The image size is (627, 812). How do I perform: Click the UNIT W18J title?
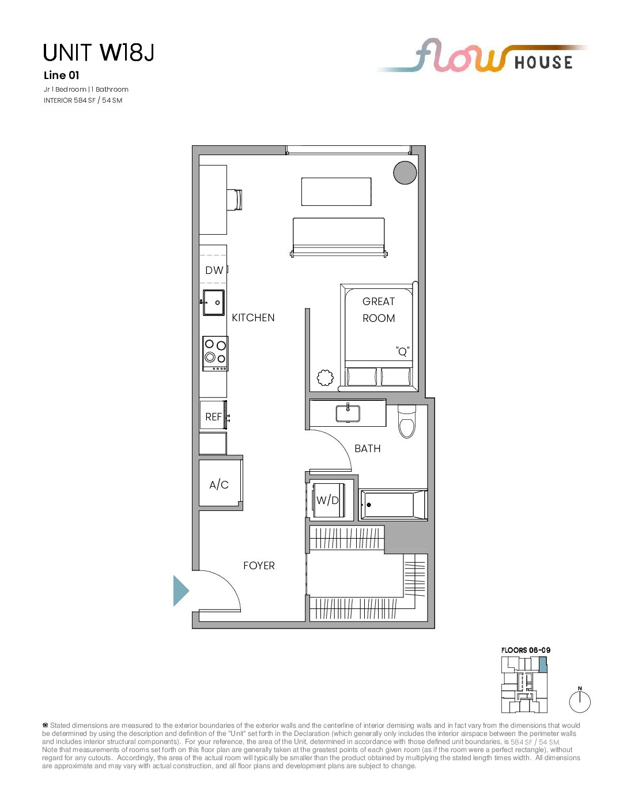click(99, 52)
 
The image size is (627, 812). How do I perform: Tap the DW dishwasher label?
click(214, 270)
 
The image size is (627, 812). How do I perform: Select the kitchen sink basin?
click(214, 302)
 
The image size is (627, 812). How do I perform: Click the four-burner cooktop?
click(215, 354)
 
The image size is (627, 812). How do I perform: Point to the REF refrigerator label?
click(213, 416)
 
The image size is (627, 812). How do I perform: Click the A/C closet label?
click(219, 484)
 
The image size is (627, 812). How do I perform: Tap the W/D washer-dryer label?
click(327, 501)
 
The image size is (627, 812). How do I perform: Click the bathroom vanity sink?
click(348, 413)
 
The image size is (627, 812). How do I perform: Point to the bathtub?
click(393, 505)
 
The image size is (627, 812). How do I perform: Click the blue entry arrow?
click(181, 591)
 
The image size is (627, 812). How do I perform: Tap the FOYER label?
click(259, 566)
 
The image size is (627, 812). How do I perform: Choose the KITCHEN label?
click(253, 318)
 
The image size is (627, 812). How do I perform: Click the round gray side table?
click(405, 172)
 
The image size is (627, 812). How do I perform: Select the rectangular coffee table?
click(336, 191)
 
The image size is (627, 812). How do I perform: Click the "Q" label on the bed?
click(403, 352)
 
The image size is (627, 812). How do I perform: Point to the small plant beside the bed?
click(325, 377)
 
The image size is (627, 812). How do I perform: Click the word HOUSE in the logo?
click(543, 62)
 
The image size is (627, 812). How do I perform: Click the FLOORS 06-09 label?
click(526, 650)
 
